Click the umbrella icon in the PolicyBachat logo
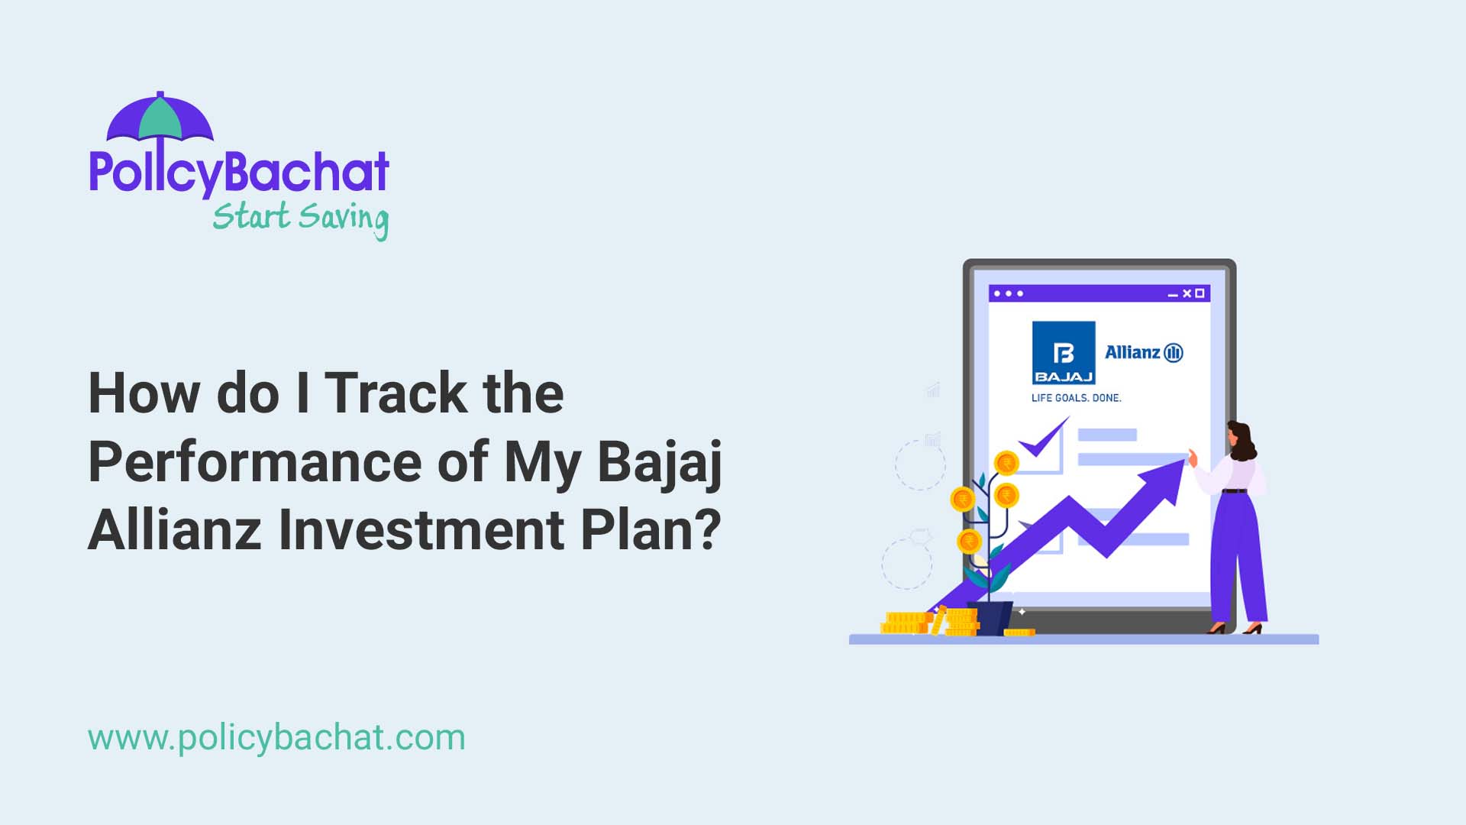tap(160, 118)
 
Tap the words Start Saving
tap(300, 218)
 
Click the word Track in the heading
tap(396, 394)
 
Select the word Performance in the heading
tap(255, 462)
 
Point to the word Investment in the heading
tap(421, 529)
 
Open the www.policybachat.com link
tap(276, 738)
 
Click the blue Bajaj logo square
tap(1064, 352)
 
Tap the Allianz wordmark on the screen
tap(1133, 352)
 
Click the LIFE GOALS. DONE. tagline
tap(1076, 398)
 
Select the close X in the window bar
tap(1187, 293)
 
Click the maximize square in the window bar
tap(1200, 293)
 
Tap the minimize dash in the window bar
tap(1174, 295)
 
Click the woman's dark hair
tap(1242, 438)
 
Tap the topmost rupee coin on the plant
tap(1006, 463)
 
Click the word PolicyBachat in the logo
tap(239, 173)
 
